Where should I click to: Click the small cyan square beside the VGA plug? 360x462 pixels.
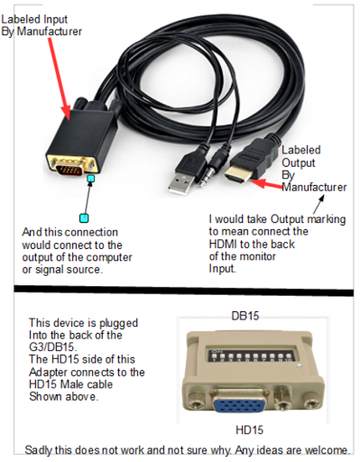click(x=90, y=180)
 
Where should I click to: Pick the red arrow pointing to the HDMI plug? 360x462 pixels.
click(x=269, y=183)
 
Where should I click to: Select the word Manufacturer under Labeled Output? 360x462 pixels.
click(x=313, y=188)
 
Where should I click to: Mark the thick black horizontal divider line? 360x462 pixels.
click(x=180, y=291)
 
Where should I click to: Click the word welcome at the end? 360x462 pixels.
click(x=324, y=449)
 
